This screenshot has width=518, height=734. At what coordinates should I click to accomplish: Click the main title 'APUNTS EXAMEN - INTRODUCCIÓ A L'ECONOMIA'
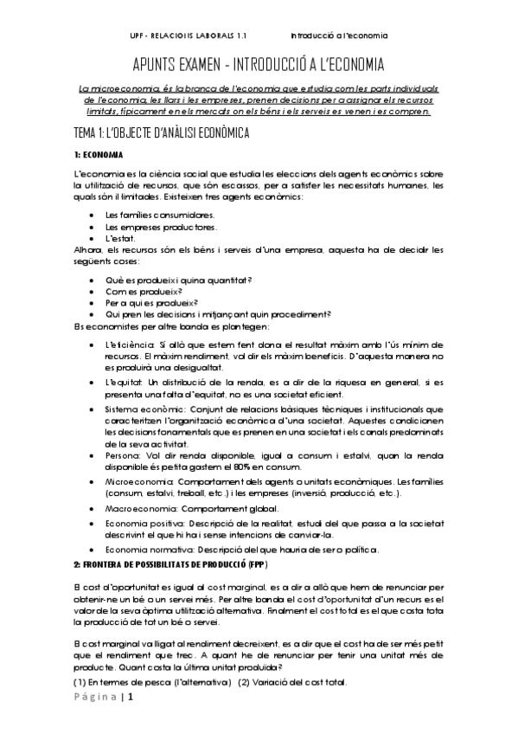coord(258,67)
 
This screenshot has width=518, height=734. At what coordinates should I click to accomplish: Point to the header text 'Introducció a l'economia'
coord(339,36)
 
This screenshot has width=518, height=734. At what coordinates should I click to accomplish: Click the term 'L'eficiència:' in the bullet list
coord(131,344)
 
